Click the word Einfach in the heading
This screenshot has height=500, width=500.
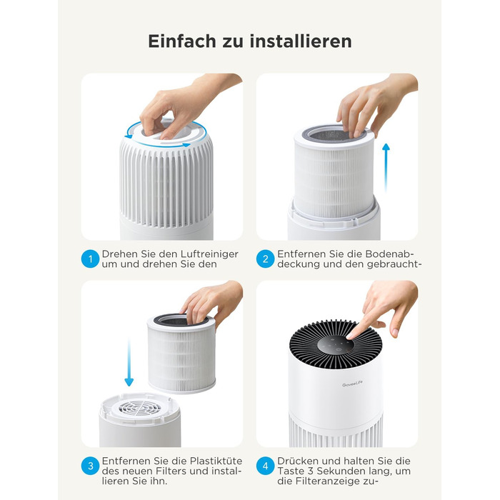click(x=182, y=41)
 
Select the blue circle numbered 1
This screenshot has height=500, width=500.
click(x=90, y=259)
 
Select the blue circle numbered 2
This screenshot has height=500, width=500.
click(x=265, y=259)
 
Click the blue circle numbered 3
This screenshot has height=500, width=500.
click(x=90, y=466)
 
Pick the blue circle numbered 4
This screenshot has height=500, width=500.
click(x=265, y=466)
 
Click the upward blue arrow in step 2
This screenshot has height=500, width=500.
click(x=386, y=168)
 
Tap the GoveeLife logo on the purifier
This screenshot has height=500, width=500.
click(x=352, y=384)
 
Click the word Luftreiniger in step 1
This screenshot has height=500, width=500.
click(x=209, y=254)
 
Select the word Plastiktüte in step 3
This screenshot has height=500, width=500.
click(x=216, y=461)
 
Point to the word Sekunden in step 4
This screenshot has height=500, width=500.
click(x=344, y=471)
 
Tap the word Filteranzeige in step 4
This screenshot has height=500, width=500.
click(x=330, y=481)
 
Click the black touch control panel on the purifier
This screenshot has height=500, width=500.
click(x=336, y=348)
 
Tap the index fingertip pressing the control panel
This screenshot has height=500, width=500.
click(x=351, y=336)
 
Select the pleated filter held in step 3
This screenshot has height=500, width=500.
click(x=181, y=354)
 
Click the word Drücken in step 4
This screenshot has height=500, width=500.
click(x=298, y=461)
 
